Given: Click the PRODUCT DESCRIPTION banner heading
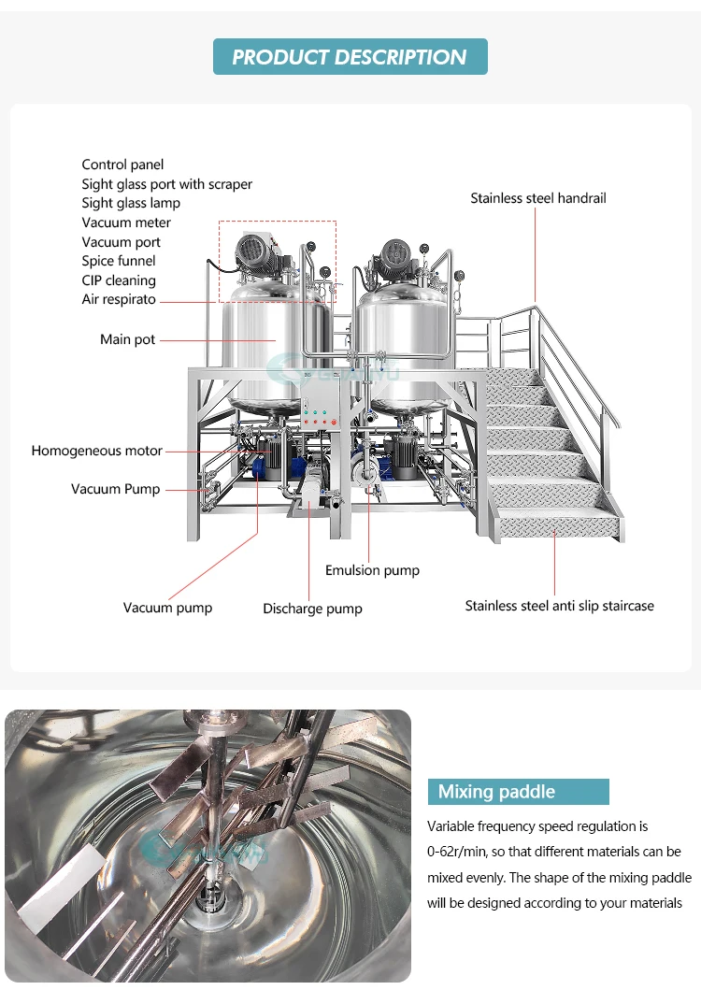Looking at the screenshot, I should [350, 57].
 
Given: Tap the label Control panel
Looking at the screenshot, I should [122, 165].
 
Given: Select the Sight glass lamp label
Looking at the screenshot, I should [131, 203].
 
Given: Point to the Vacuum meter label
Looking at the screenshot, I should [126, 222].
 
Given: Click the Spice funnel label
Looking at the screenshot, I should [119, 261].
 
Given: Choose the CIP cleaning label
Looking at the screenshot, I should [119, 280].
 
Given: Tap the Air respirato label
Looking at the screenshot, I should [119, 299].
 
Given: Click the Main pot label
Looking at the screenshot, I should [128, 339].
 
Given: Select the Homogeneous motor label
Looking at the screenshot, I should [96, 451].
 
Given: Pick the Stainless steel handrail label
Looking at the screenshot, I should [538, 198].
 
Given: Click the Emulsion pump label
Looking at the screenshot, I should [372, 570].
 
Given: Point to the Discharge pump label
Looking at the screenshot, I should [312, 609].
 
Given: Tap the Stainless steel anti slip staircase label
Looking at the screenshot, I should [559, 606].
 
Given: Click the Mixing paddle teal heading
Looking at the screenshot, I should [497, 792].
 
